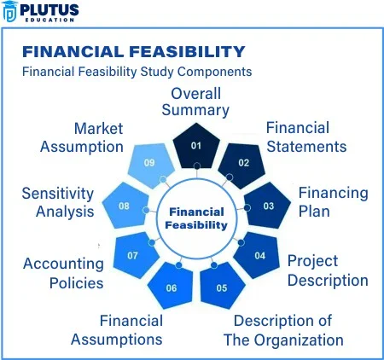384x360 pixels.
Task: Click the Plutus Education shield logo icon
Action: [x=9, y=11]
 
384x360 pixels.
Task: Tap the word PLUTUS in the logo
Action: [x=49, y=10]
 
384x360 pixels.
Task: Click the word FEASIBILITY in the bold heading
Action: [x=187, y=52]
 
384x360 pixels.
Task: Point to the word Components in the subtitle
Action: [x=215, y=72]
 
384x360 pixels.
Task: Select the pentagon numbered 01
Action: [x=196, y=147]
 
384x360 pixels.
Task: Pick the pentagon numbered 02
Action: [x=241, y=165]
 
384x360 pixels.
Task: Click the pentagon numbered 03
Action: [x=267, y=206]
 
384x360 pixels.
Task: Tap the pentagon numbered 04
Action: [x=257, y=255]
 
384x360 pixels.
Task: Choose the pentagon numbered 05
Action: [x=222, y=286]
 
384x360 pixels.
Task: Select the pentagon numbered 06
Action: [x=171, y=286]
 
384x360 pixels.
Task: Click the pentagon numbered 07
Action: [x=136, y=255]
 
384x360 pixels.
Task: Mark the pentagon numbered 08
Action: [x=125, y=206]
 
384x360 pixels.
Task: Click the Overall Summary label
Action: [x=195, y=102]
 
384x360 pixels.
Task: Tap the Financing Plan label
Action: [x=333, y=202]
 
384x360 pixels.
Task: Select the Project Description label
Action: [x=328, y=270]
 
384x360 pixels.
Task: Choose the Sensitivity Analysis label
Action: [x=58, y=202]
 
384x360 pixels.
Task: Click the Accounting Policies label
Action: [x=63, y=273]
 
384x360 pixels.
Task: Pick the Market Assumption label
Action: [x=82, y=138]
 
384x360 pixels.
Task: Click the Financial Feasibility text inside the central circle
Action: [x=196, y=218]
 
